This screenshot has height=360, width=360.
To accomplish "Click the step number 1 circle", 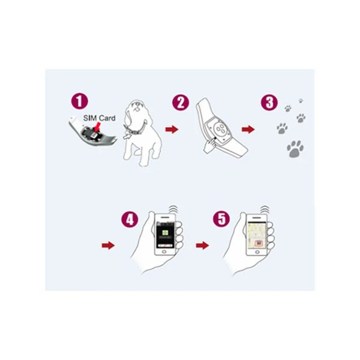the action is (x=79, y=101).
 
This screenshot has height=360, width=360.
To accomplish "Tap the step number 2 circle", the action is (x=181, y=103).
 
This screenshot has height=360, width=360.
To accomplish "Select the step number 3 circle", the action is (x=269, y=103).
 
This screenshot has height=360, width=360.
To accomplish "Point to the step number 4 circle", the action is (x=130, y=219).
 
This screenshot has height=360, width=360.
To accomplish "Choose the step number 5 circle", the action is (x=221, y=219).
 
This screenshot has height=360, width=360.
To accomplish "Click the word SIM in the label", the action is (x=88, y=118).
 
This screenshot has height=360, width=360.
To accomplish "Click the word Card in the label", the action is (x=106, y=118).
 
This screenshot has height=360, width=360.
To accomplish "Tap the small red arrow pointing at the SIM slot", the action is (x=97, y=126).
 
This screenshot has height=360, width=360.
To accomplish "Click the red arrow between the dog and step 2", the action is (x=172, y=129).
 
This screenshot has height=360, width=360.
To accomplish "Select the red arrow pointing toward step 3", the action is (x=248, y=129).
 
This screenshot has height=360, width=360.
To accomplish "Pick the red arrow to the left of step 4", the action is (x=108, y=245).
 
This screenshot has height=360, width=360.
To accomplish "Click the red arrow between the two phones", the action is (x=202, y=245).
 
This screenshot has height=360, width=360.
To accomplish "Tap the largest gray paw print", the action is (x=295, y=149).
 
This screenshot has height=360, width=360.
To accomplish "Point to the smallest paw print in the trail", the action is (x=301, y=101).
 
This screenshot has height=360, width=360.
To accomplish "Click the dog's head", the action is (x=136, y=108).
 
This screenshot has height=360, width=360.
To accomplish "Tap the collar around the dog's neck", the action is (x=135, y=130).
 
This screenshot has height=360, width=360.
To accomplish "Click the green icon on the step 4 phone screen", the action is (x=164, y=233).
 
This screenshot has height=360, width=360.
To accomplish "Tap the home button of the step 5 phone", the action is (x=257, y=252).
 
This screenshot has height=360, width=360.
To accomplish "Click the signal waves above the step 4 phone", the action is (x=173, y=209).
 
